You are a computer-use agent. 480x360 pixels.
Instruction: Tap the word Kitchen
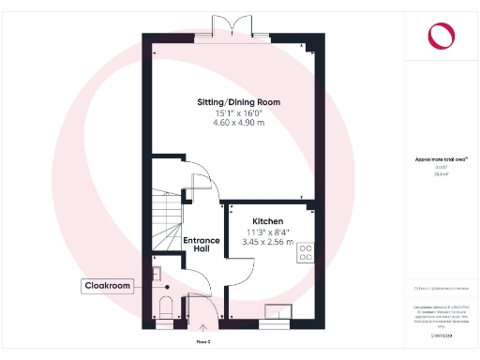267,221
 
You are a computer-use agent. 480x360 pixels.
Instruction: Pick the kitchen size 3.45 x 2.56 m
267,243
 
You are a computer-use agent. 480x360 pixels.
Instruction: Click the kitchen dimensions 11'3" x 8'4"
267,232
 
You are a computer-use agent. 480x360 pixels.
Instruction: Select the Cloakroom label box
107,285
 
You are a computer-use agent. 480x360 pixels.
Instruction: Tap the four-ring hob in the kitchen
306,253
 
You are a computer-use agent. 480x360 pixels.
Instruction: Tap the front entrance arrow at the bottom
205,329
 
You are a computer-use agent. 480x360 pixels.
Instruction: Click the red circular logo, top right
439,36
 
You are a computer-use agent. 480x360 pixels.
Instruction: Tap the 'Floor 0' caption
202,342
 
